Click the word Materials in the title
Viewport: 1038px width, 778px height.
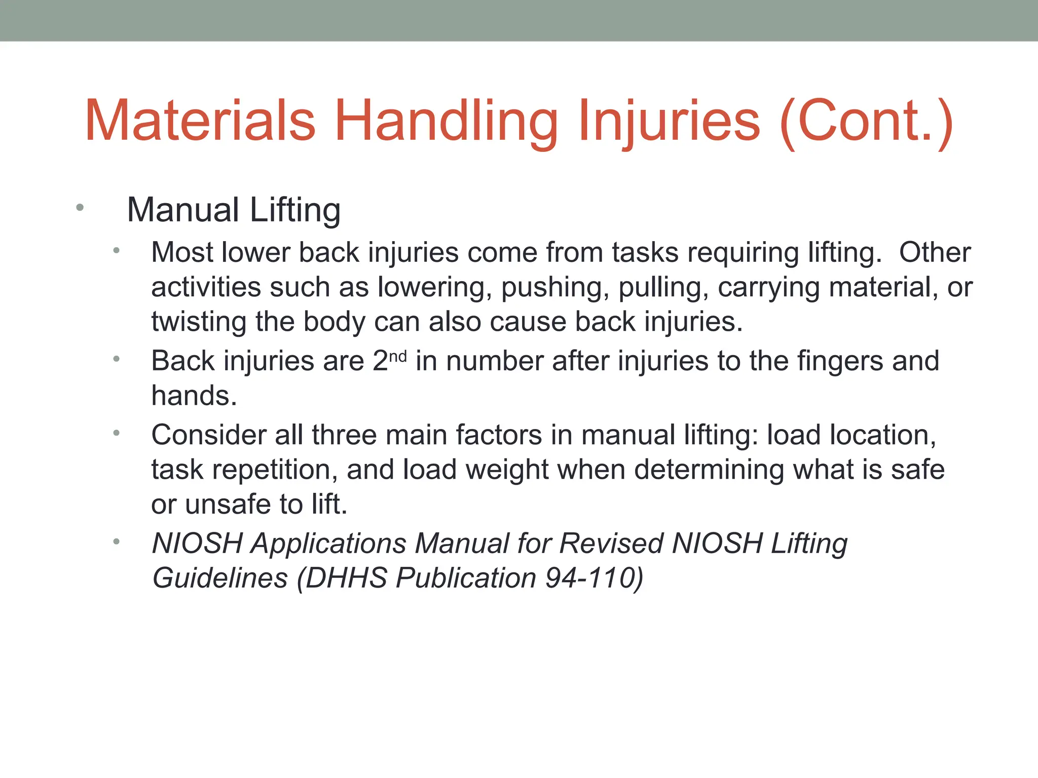pos(201,122)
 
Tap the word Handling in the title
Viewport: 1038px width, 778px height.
pos(446,122)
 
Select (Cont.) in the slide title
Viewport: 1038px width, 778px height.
pos(867,122)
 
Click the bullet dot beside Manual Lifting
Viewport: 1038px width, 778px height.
pos(80,208)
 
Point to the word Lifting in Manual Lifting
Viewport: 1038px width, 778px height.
pos(295,211)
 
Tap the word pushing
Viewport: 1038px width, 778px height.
pos(555,288)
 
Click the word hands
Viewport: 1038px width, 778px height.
pos(194,396)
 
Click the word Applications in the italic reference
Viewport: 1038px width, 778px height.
pos(329,544)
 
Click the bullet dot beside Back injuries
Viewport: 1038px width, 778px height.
pos(117,359)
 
